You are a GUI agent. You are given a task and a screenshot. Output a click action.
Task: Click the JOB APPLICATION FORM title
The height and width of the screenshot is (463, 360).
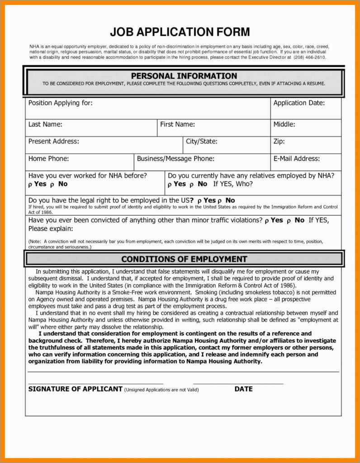(x=180, y=32)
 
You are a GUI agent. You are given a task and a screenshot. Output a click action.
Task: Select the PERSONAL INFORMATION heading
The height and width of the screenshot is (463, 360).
(x=184, y=76)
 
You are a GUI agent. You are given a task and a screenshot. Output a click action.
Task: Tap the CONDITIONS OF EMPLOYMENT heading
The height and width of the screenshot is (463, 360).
(x=184, y=259)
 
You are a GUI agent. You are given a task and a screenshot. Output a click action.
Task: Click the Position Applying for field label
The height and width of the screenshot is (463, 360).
(x=60, y=103)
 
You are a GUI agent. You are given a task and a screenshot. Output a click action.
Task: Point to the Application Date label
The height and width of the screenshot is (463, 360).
(x=299, y=103)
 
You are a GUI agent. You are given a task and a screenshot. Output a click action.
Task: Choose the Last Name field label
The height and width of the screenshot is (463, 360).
(x=45, y=124)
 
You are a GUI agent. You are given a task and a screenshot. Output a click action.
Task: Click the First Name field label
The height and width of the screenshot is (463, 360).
(x=177, y=124)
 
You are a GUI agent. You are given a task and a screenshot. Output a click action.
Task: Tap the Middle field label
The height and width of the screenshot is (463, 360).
(x=284, y=124)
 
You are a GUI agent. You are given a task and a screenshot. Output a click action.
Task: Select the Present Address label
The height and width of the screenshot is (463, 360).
(x=53, y=142)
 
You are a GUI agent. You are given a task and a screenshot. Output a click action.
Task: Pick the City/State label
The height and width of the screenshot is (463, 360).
(x=201, y=142)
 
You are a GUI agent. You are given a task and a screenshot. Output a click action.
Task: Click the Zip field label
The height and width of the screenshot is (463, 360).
(x=279, y=142)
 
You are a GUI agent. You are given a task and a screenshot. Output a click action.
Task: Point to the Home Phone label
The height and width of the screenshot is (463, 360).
(x=48, y=159)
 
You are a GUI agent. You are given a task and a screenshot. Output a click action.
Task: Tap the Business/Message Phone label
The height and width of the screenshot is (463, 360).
(x=175, y=159)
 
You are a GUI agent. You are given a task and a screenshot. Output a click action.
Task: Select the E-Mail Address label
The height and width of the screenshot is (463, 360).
(x=296, y=159)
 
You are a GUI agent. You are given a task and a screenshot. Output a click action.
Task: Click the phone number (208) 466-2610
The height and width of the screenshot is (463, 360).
(x=309, y=57)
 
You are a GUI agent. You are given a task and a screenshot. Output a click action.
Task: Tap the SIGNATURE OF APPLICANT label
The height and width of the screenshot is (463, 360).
(x=75, y=389)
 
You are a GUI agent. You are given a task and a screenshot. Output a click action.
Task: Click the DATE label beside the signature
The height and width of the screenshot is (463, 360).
(x=243, y=389)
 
